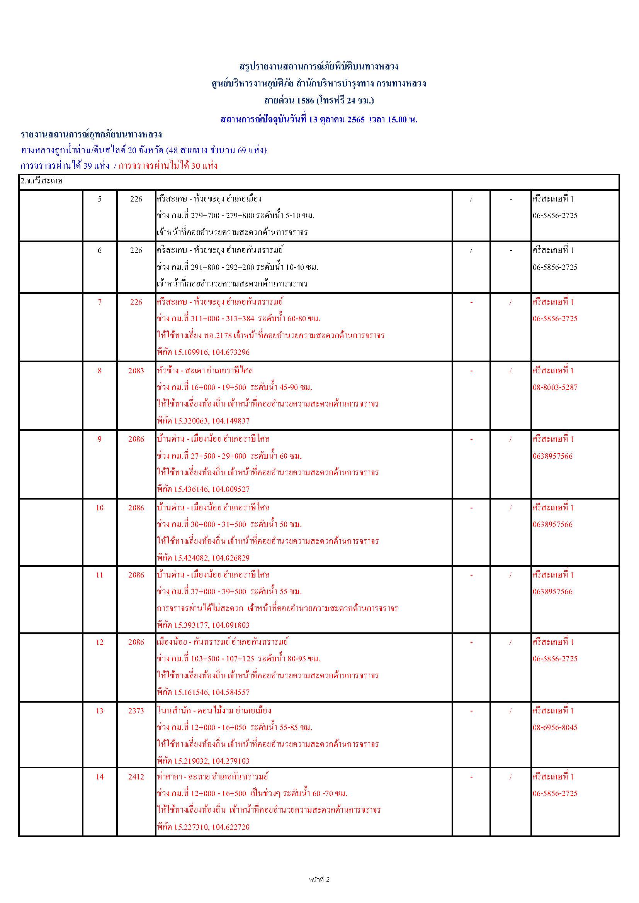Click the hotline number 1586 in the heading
[x=305, y=101]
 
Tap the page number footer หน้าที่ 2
[x=319, y=879]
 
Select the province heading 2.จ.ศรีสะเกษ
[x=42, y=181]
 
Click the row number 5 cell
[x=100, y=199]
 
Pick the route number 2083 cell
[x=136, y=371]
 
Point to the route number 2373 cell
[x=136, y=710]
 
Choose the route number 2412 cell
[x=136, y=776]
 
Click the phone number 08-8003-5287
[x=555, y=387]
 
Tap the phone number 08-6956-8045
[x=555, y=727]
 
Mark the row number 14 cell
[x=100, y=776]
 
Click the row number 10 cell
[x=100, y=508]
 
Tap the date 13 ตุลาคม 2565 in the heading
[x=337, y=120]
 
